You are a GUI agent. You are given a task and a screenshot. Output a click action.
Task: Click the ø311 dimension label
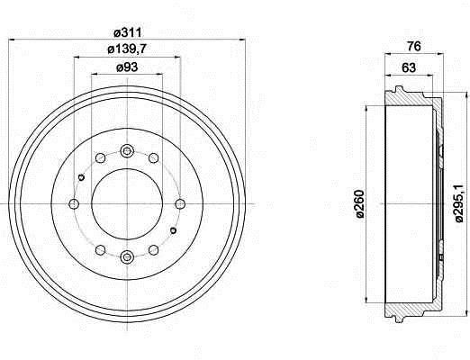128,32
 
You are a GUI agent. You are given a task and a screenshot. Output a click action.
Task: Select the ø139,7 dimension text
127,49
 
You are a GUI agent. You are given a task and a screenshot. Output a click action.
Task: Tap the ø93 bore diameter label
127,67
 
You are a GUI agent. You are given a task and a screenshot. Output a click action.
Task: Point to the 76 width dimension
414,47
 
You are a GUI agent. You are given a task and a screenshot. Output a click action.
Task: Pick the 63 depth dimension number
409,67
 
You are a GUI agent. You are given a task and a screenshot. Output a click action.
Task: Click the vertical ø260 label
360,203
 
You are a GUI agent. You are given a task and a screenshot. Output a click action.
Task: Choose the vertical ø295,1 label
459,203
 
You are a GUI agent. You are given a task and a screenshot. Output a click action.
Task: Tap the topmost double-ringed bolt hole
127,151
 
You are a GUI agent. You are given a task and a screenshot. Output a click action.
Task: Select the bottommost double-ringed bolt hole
127,256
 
